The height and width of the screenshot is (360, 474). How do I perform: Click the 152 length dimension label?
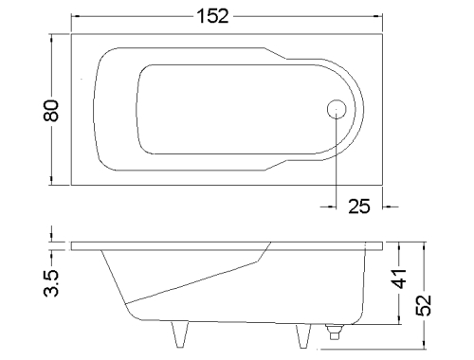pos(212,16)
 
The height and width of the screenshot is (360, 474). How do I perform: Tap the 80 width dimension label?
pos(51,111)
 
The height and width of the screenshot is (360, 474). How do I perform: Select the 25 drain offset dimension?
pos(359,207)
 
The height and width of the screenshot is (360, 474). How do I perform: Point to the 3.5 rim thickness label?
pos(51,283)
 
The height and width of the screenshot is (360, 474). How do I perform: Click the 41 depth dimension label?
pos(400,279)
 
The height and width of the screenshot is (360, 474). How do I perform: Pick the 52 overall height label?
pos(424,305)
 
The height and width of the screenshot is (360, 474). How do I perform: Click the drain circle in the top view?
pos(337,109)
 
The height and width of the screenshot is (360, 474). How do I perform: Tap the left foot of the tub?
pos(180,334)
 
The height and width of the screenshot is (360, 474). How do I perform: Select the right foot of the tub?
pos(303,336)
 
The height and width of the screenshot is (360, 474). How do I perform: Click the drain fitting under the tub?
pos(335,332)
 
